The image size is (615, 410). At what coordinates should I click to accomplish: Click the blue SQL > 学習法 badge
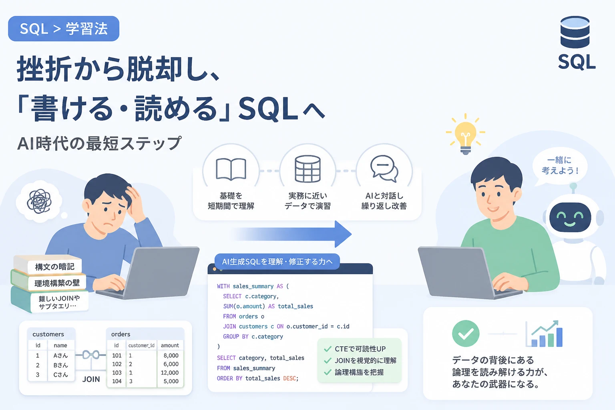tap(64, 28)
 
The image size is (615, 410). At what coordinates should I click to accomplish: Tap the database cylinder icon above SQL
tap(575, 32)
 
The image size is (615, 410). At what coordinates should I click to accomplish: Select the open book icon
tap(231, 169)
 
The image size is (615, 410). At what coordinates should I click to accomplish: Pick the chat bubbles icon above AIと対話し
tap(384, 169)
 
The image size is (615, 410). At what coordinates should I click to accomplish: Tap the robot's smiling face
tap(570, 217)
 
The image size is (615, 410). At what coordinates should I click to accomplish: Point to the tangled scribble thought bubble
tap(39, 201)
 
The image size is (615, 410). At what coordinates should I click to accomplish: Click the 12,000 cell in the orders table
tap(170, 373)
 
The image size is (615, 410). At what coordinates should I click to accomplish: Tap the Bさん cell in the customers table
tap(61, 365)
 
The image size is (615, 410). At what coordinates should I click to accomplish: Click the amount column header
tap(170, 345)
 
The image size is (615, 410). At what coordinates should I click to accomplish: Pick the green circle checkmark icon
tap(466, 334)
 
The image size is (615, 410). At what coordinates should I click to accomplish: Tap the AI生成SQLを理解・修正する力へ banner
tap(277, 261)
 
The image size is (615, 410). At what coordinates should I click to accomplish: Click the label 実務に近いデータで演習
tap(307, 201)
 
